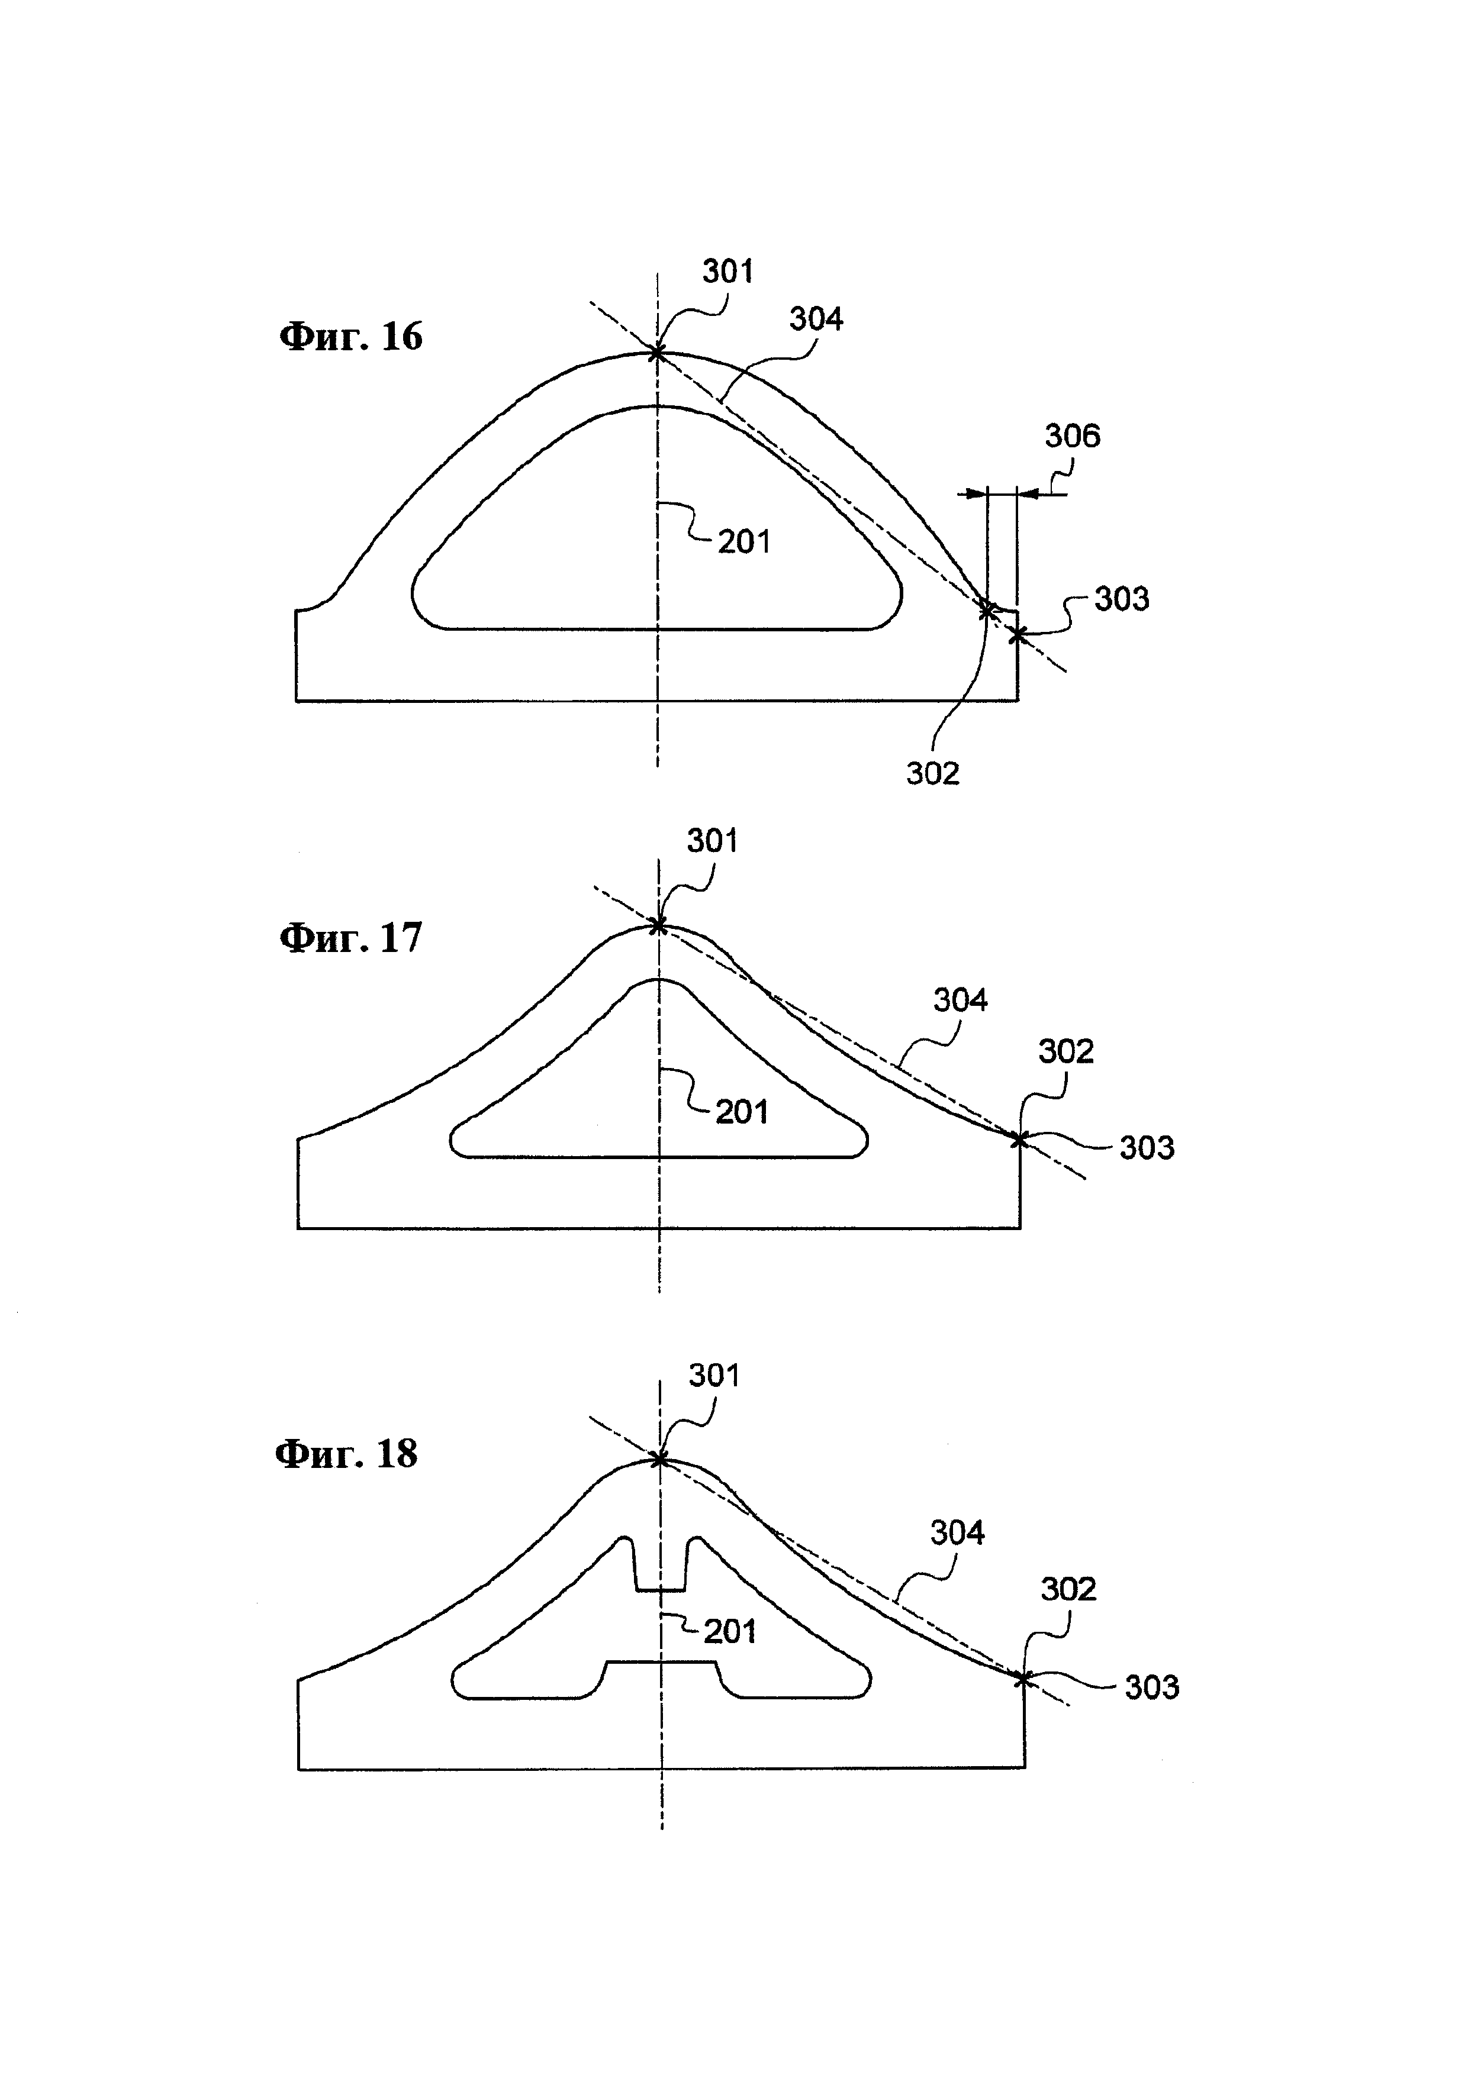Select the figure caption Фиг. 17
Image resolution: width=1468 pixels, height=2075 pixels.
click(x=351, y=937)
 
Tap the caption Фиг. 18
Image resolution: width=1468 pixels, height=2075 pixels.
click(x=346, y=1454)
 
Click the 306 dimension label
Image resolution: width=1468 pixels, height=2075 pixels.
click(x=1073, y=437)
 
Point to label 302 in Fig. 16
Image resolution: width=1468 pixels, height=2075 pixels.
click(x=933, y=773)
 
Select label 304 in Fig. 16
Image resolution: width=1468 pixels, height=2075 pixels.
click(x=816, y=319)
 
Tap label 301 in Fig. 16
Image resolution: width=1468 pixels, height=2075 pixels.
click(x=727, y=271)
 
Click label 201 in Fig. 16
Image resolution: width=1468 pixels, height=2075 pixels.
click(x=745, y=542)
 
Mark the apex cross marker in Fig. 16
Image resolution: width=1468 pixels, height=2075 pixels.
click(x=657, y=353)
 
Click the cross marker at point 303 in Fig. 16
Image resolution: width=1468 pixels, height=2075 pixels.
click(x=1018, y=635)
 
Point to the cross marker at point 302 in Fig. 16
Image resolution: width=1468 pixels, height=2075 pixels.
click(x=987, y=611)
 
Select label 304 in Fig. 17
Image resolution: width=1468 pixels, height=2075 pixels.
click(x=961, y=1001)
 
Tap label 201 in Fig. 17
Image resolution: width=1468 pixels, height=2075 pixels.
click(x=742, y=1112)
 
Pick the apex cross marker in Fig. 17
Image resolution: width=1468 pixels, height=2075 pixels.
click(x=659, y=925)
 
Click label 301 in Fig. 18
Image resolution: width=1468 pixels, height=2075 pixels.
click(x=714, y=1376)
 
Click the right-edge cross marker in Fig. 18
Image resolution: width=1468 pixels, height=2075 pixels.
click(x=1022, y=1678)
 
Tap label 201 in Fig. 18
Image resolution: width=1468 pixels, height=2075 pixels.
click(x=730, y=1631)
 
